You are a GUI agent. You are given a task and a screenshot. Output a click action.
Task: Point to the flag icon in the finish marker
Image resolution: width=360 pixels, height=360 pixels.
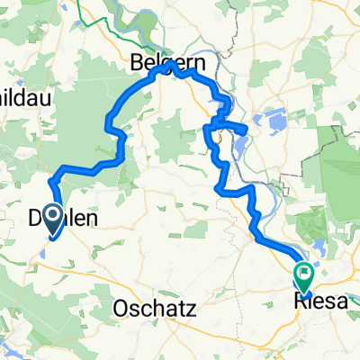(305, 267)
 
